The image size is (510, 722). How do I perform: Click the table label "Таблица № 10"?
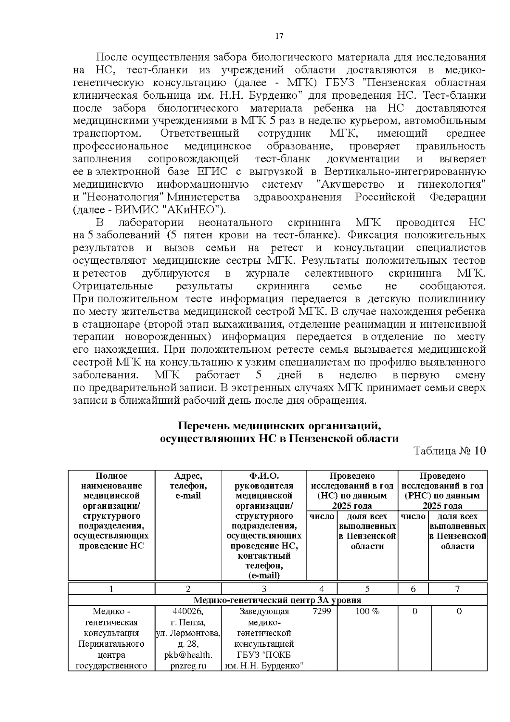449,451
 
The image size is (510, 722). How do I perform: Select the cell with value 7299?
322,611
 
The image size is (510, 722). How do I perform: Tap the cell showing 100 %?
367,611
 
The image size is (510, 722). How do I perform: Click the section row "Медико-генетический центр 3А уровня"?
278,600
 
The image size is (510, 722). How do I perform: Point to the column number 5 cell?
367,589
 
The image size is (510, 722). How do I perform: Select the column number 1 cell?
111,589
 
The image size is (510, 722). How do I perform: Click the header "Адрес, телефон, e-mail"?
188,486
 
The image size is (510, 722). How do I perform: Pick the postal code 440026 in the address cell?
188,611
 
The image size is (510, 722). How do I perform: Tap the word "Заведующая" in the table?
264,611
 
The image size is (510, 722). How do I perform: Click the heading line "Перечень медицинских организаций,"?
278,426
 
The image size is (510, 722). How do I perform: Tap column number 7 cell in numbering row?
457,589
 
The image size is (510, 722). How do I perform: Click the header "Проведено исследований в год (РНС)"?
442,491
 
